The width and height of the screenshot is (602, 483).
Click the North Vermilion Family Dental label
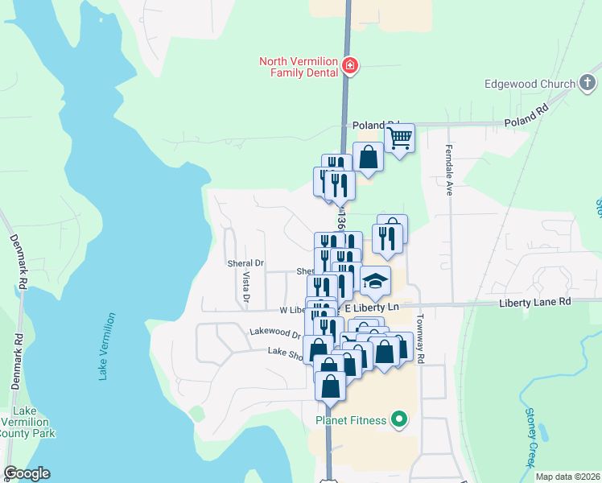pos(298,68)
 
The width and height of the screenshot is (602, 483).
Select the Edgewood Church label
pos(530,84)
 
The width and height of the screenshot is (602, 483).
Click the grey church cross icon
pos(588,82)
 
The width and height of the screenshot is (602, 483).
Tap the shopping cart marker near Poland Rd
pos(399,138)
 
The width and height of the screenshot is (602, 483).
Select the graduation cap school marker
pos(375,281)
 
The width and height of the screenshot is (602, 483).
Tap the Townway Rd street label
pos(420,337)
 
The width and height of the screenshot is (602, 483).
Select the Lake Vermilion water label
pos(107,347)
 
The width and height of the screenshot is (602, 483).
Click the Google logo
pos(27,473)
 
